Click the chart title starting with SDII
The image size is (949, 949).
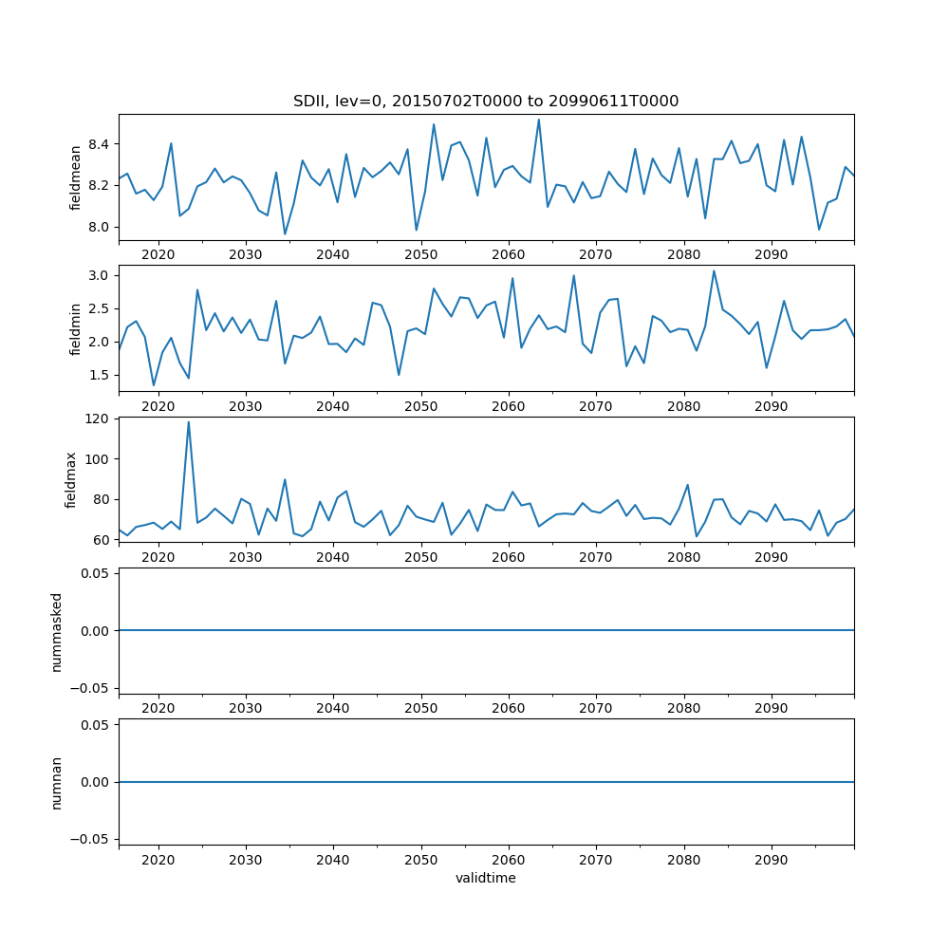click(x=485, y=101)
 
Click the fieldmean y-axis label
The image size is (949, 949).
click(x=76, y=177)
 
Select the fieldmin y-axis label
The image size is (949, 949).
click(x=76, y=328)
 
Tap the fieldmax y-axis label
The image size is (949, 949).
click(x=70, y=479)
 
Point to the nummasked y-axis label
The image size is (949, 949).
click(x=57, y=631)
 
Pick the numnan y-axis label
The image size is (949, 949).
click(x=57, y=782)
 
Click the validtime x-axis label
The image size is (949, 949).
click(x=485, y=878)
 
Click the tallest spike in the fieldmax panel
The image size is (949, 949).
click(x=188, y=422)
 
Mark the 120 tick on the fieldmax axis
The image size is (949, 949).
click(x=99, y=419)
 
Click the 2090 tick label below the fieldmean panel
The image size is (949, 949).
click(x=771, y=254)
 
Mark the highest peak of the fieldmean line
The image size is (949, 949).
click(x=538, y=120)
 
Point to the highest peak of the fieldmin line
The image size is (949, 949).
click(x=714, y=271)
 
